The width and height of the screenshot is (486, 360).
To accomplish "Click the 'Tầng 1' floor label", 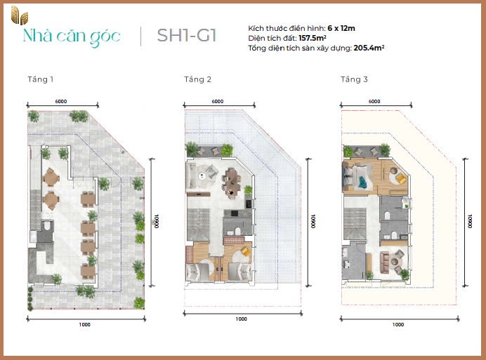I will [x=40, y=79].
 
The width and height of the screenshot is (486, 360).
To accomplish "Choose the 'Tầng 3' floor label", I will [x=354, y=79].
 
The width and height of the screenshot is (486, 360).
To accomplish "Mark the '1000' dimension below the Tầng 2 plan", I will [x=241, y=319].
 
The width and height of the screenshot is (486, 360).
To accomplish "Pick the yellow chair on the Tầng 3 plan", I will [x=400, y=178].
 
